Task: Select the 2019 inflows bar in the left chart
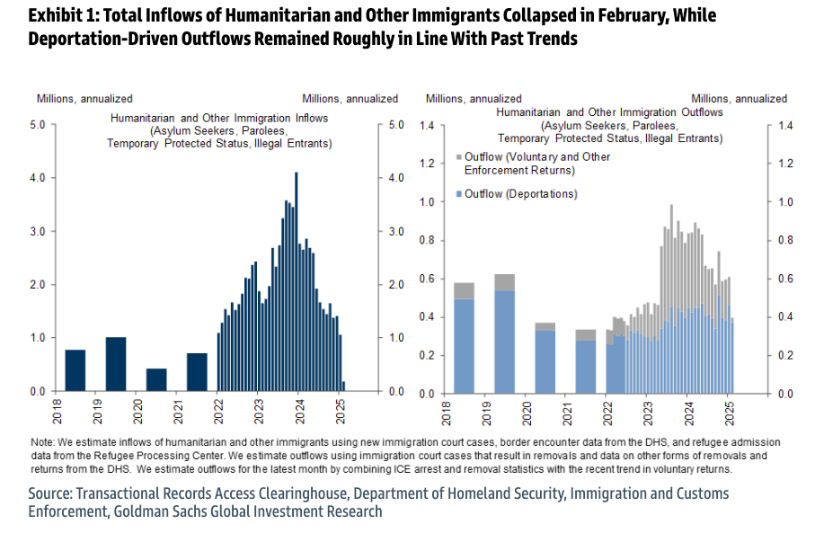116,364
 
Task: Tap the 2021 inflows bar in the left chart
197,372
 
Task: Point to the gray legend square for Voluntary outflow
460,157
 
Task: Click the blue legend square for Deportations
460,194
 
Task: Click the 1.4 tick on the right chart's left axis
426,126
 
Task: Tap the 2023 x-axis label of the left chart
259,410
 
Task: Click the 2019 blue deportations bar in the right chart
504,342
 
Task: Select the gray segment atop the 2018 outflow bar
464,290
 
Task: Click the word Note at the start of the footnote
42,443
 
